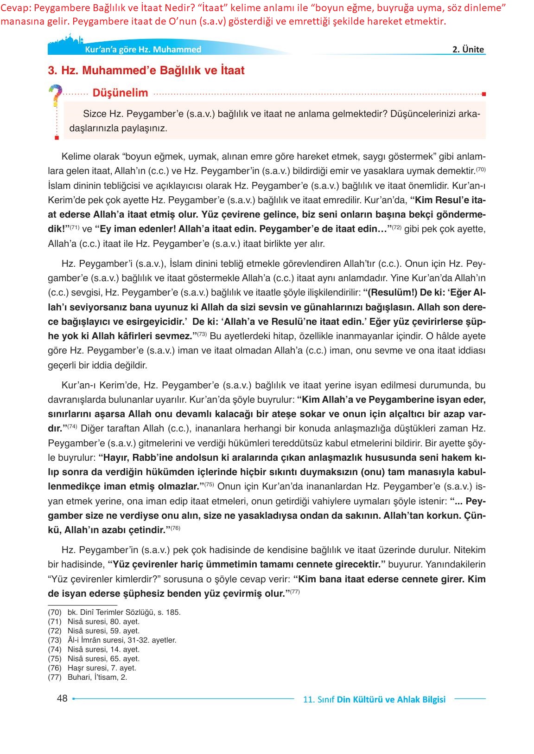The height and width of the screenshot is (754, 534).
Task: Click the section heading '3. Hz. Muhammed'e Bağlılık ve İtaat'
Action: tap(146, 71)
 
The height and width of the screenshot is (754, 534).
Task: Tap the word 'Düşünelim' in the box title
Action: tap(120, 93)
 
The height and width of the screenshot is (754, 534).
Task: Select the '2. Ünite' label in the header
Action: tap(468, 50)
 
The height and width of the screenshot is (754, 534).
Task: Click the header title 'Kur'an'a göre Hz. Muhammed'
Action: tap(143, 50)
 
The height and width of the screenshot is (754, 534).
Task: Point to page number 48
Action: tap(62, 698)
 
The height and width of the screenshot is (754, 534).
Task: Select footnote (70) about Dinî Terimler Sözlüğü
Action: tap(114, 612)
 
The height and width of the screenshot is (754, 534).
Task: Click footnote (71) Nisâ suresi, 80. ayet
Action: tap(94, 622)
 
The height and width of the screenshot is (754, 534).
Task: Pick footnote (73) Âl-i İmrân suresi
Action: tap(112, 640)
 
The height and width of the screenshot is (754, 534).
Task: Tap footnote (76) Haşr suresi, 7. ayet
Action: tap(92, 668)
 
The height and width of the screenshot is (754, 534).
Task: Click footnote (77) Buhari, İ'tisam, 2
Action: tap(88, 677)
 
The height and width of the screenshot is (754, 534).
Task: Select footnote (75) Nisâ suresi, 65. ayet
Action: tap(94, 659)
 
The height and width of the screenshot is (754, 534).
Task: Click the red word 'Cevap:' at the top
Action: tap(16, 8)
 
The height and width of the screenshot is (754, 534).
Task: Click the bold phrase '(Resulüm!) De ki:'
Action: tap(398, 293)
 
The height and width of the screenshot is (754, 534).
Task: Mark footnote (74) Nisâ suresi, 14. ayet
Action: tap(94, 650)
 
